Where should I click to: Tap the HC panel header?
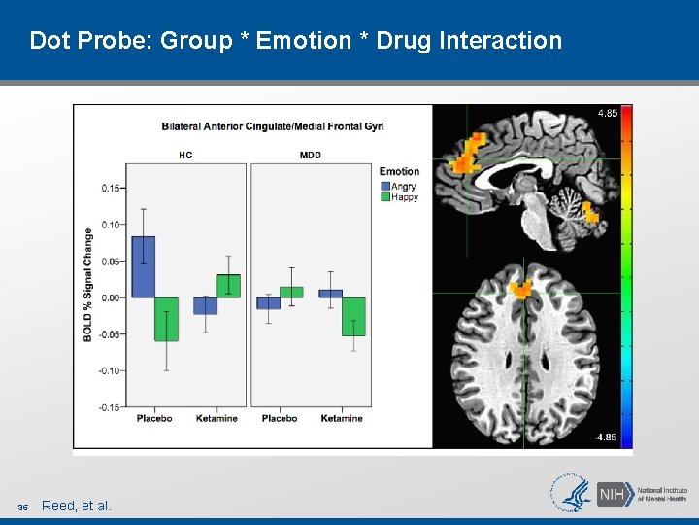pos(185,155)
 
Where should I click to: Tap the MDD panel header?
pos(311,155)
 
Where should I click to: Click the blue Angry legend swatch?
pos(384,186)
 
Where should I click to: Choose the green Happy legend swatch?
pos(384,196)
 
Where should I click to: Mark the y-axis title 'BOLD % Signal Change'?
pos(88,284)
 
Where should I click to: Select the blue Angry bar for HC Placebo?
pos(143,266)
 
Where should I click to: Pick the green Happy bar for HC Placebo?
pos(166,319)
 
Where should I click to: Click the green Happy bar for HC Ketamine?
pos(228,286)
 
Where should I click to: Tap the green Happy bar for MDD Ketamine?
pos(353,316)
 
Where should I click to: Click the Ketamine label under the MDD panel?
pos(342,418)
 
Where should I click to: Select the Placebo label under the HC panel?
pos(154,418)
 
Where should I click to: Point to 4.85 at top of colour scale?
pos(607,113)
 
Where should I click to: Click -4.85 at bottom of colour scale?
pos(605,437)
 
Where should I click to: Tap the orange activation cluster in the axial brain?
pos(522,288)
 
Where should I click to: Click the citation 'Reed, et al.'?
pos(77,506)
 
